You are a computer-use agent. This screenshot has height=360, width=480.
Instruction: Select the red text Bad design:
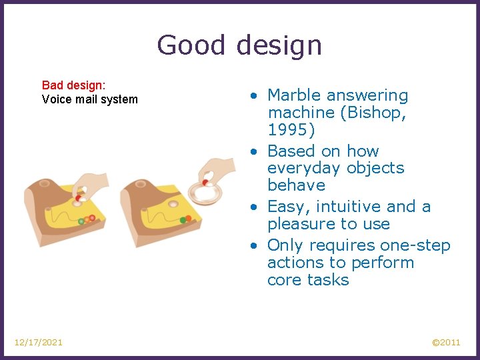pos(74,85)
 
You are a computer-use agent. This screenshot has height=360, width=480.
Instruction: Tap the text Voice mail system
pos(89,99)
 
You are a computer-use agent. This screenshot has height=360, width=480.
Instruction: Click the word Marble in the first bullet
pos(296,96)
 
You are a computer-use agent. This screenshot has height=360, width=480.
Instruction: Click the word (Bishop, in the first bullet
pos(373,113)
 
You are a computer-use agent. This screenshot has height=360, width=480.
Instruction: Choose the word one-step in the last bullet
pos(416,245)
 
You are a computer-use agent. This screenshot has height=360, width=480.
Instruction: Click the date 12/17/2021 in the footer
pos(39,342)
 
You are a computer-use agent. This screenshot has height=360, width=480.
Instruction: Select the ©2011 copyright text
pos(445,342)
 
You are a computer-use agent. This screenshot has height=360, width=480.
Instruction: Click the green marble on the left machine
pos(81,221)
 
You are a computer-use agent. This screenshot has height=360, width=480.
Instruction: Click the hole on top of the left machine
pos(45,183)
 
